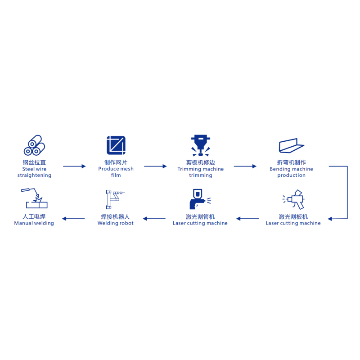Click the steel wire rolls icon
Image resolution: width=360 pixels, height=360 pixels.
(x=35, y=145)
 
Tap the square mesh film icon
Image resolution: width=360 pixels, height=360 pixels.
(x=116, y=145)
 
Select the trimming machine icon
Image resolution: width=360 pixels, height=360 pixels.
(x=201, y=145)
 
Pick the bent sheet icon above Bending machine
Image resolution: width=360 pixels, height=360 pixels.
(x=292, y=145)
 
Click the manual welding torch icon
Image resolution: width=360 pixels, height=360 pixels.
(x=35, y=198)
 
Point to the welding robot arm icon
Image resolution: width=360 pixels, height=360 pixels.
(x=115, y=199)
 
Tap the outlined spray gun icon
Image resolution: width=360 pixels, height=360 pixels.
(x=293, y=199)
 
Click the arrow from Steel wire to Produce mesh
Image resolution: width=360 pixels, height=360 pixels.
(x=74, y=166)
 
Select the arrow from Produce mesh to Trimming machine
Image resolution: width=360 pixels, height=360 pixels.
(x=155, y=166)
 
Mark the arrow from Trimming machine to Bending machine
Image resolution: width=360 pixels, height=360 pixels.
(x=245, y=166)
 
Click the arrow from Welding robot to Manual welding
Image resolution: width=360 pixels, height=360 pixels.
(x=73, y=219)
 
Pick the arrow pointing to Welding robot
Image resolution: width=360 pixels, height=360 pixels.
(x=154, y=219)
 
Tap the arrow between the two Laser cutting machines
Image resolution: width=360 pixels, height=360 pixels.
(x=247, y=219)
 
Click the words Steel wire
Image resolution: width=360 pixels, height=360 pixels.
(x=34, y=169)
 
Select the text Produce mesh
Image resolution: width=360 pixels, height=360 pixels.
(x=116, y=169)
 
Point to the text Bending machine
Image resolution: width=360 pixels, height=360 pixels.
(x=291, y=169)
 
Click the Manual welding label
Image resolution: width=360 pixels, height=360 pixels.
(x=34, y=223)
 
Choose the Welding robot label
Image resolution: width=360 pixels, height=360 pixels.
(x=116, y=223)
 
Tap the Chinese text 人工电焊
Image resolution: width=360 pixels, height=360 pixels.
(x=34, y=216)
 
